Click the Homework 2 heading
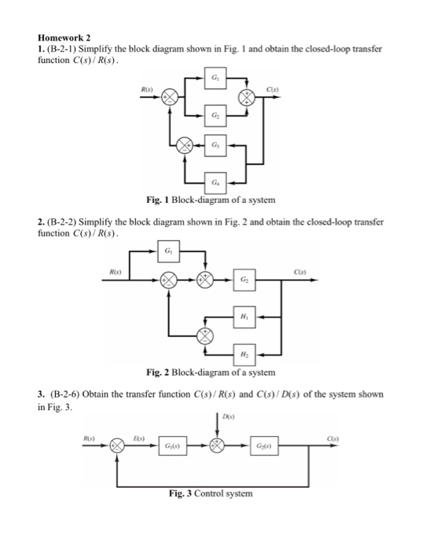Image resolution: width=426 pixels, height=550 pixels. point(64,37)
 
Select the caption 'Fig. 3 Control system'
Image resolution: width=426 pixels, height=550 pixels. point(211,494)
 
